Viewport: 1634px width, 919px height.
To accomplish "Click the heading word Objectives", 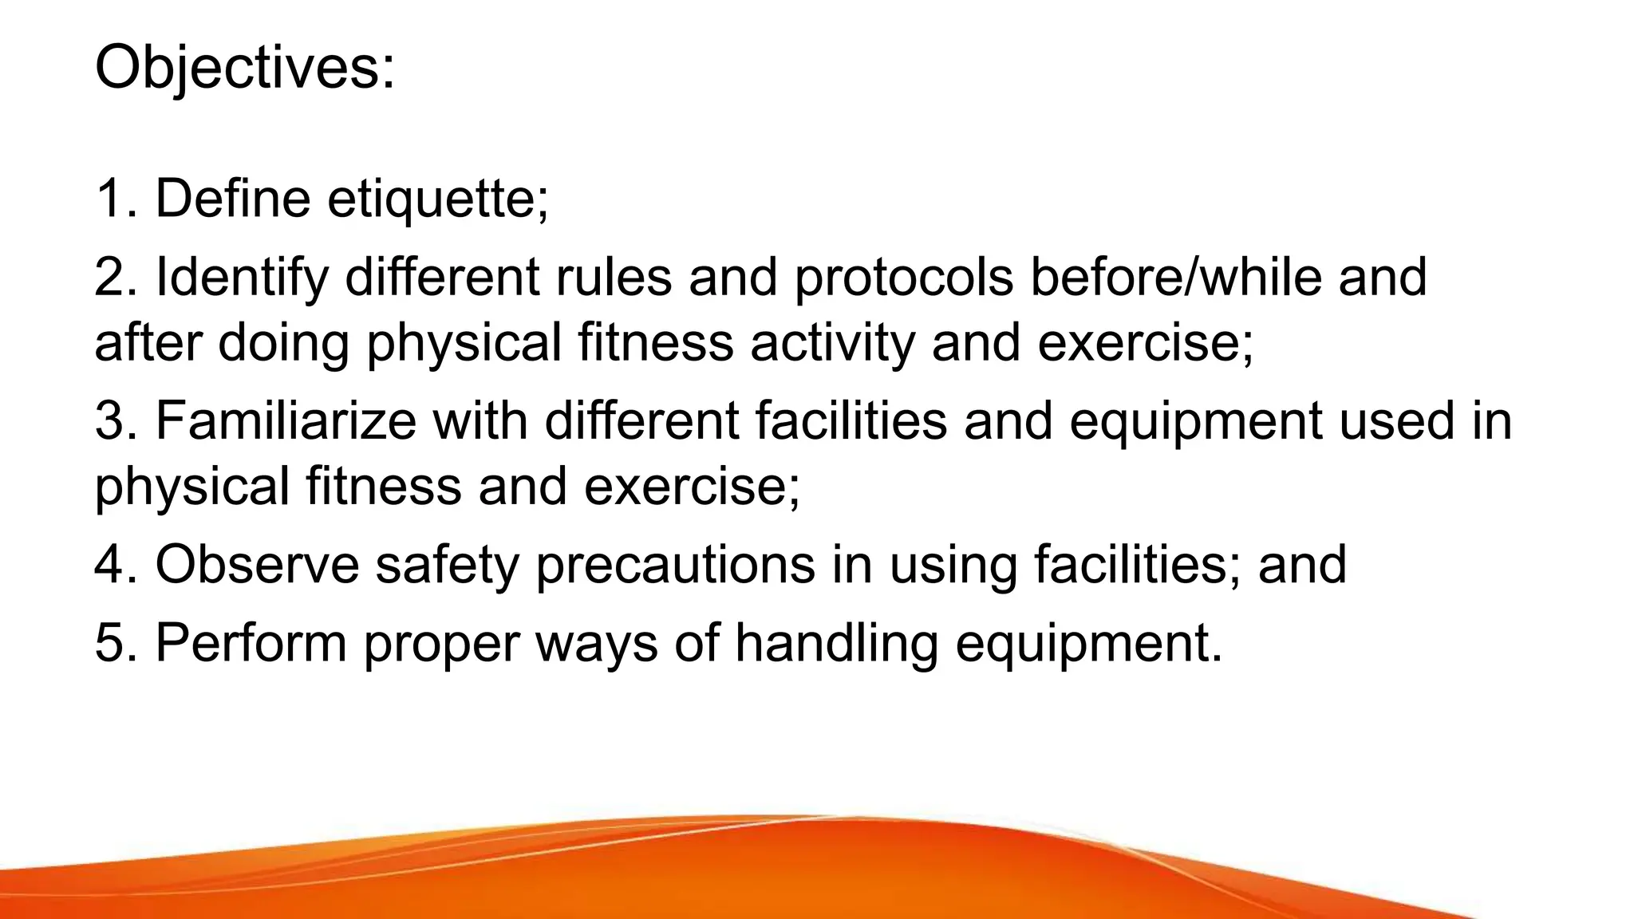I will [x=243, y=69].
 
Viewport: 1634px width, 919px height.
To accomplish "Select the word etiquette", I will [x=437, y=199].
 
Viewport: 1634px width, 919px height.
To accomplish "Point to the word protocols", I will [x=903, y=278].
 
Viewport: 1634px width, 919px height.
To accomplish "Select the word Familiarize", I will [x=285, y=420].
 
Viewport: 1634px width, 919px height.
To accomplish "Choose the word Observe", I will [x=257, y=564].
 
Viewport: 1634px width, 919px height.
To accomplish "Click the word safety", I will [x=447, y=566].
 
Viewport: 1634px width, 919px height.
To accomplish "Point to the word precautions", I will [x=675, y=566].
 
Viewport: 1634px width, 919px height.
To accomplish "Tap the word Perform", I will [x=251, y=642].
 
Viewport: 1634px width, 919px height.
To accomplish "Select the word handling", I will [x=836, y=642].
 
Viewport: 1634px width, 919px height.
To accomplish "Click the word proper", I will [x=440, y=644].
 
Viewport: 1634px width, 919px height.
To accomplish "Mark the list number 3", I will [x=110, y=420].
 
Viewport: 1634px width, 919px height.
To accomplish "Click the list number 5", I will [x=110, y=642].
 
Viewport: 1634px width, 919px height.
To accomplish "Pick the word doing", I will [x=283, y=343].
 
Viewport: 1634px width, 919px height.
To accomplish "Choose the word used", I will [x=1395, y=420].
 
